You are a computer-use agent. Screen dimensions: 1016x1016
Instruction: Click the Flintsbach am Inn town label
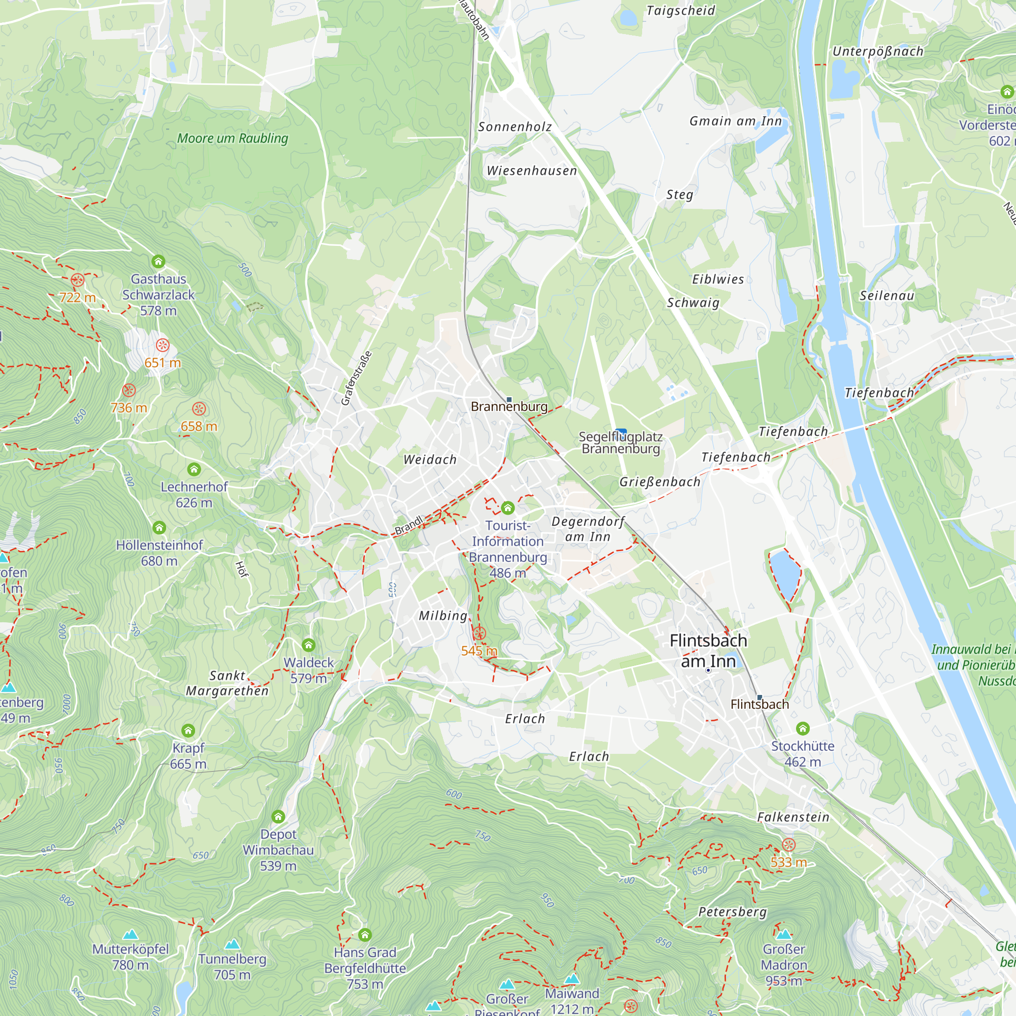[x=708, y=651]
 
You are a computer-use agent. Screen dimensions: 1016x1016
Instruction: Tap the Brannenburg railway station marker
[x=509, y=400]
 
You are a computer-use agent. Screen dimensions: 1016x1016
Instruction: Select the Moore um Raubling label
[x=233, y=138]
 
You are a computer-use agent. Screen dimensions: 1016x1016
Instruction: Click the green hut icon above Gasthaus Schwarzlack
[x=158, y=261]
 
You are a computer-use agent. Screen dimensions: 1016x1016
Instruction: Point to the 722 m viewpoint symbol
[x=77, y=280]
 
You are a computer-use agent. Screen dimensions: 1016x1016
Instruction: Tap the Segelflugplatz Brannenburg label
[x=621, y=443]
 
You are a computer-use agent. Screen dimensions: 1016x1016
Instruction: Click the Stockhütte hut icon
[x=803, y=728]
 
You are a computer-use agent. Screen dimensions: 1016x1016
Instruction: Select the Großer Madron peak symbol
[x=783, y=934]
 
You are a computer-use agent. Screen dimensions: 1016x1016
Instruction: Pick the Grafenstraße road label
[x=357, y=377]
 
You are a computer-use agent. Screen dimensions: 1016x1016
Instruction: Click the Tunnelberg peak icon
[x=233, y=944]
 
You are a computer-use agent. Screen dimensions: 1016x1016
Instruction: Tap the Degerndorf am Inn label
[x=588, y=528]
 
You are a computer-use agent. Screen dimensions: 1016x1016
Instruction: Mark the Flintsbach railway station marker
[x=759, y=697]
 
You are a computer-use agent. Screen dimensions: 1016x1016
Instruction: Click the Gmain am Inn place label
[x=735, y=121]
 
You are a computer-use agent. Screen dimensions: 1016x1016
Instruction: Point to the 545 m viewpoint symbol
[x=479, y=633]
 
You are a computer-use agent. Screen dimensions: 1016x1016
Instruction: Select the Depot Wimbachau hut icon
[x=278, y=817]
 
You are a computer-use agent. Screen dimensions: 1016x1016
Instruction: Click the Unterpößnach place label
[x=878, y=51]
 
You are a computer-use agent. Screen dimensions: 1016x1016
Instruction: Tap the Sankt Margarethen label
[x=227, y=683]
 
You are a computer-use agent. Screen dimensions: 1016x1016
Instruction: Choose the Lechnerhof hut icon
[x=194, y=468]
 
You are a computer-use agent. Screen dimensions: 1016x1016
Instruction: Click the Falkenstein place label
[x=793, y=817]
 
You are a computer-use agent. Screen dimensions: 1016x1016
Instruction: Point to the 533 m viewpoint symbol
[x=788, y=845]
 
